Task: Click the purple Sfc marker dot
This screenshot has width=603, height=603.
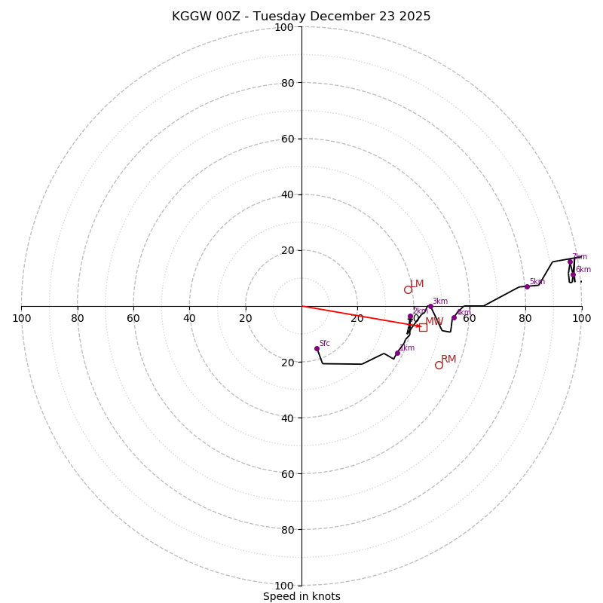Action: (x=317, y=348)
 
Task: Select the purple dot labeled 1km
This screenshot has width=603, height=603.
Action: (x=397, y=353)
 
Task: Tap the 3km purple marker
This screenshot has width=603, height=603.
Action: (x=430, y=307)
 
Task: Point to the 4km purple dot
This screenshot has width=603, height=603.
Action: (x=454, y=317)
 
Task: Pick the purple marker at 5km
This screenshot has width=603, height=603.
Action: (x=527, y=286)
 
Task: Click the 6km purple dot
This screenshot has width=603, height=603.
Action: (x=573, y=274)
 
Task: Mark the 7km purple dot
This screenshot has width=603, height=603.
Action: (x=570, y=262)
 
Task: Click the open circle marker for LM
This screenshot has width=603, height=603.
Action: (x=408, y=289)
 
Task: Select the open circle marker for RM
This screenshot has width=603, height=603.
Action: (x=439, y=365)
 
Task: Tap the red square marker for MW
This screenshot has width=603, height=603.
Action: (x=423, y=327)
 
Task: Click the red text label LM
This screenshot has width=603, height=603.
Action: (x=417, y=284)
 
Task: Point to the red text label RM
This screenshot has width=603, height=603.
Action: (x=448, y=360)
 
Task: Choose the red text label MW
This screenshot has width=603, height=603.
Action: (x=434, y=322)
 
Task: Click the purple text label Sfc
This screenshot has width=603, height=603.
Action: (x=324, y=344)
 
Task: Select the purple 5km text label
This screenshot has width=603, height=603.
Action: (x=537, y=282)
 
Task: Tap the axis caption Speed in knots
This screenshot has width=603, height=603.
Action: (x=301, y=596)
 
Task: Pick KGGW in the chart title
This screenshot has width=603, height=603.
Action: (x=190, y=17)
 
